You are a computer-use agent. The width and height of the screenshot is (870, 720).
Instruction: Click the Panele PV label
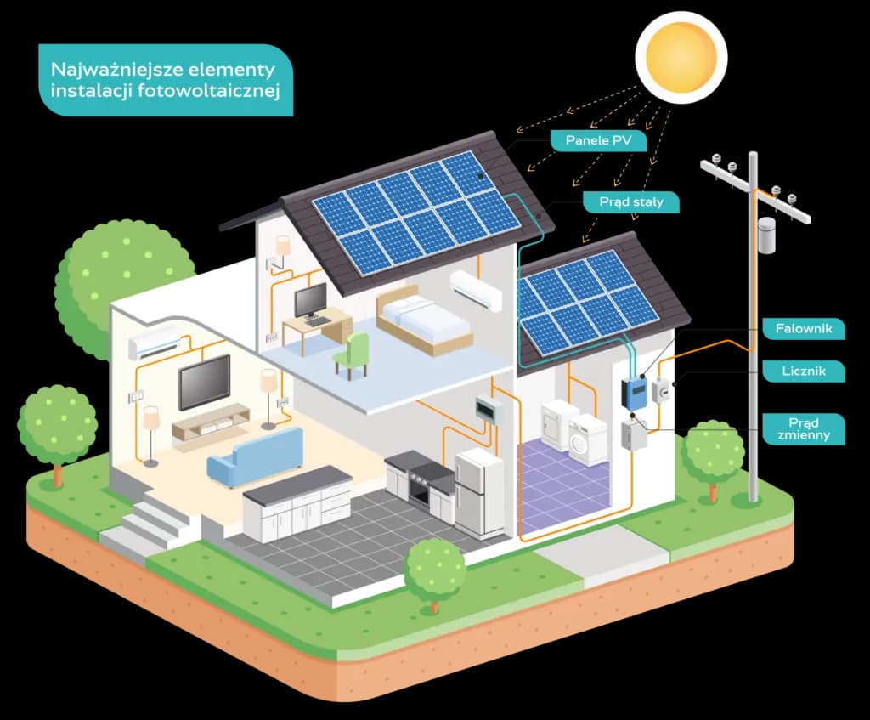click(x=598, y=141)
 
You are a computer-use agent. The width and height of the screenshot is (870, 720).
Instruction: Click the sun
click(x=681, y=50)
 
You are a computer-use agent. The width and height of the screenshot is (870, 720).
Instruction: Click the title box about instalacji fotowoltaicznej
click(x=166, y=79)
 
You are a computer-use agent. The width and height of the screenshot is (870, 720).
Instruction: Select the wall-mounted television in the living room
click(x=204, y=382)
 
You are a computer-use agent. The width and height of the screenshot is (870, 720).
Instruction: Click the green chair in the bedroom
click(x=352, y=354)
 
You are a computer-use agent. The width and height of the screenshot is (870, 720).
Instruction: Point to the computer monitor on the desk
click(x=310, y=300)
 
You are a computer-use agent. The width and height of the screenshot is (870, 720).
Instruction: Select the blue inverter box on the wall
click(x=634, y=392)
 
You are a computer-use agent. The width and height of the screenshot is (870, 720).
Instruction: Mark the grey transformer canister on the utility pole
click(x=767, y=235)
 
